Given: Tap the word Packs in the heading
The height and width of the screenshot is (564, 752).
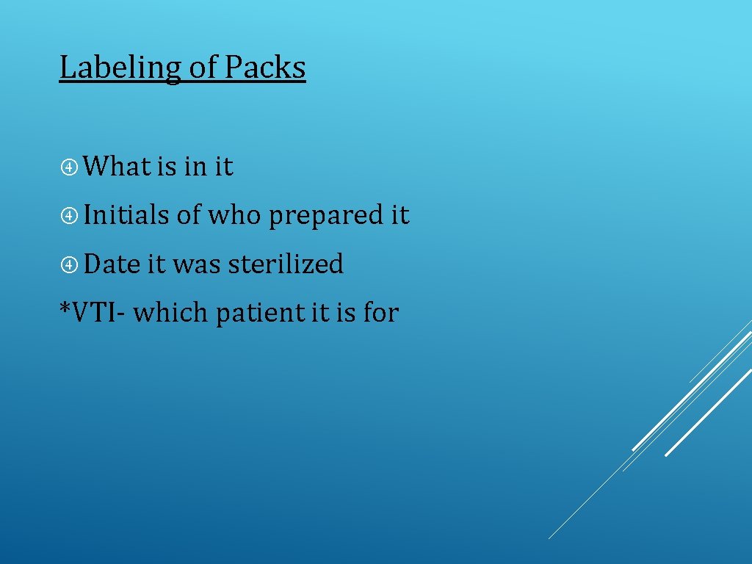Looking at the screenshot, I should (264, 68).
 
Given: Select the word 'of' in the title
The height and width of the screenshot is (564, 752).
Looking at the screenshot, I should (203, 68).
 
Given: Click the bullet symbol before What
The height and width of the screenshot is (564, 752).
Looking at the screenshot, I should (70, 167).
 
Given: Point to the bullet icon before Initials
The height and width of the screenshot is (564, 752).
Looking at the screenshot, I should (70, 216).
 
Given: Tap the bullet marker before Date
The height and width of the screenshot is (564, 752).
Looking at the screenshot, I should (70, 264).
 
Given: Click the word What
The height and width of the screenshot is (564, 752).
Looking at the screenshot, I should (117, 167).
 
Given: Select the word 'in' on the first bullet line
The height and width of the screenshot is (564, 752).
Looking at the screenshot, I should (195, 167).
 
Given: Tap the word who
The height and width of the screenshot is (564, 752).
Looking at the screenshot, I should (235, 215).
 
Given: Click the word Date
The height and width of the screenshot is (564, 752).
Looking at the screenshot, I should (112, 264).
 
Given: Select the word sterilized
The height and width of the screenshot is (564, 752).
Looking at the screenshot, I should (286, 264).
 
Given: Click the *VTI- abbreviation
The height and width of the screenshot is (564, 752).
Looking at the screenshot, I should (93, 313).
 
